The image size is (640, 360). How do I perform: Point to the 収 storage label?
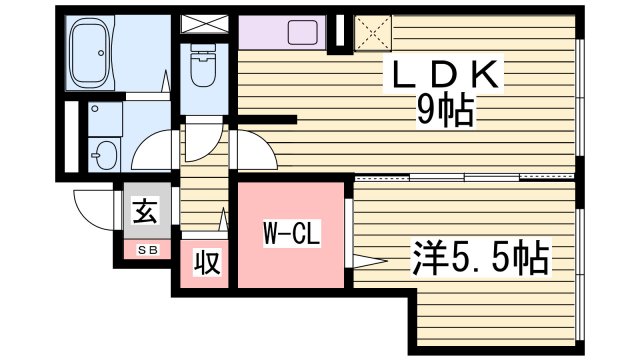pyautogui.click(x=207, y=264)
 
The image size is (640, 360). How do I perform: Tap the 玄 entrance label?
pyautogui.click(x=144, y=212)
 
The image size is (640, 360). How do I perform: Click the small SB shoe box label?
pyautogui.click(x=146, y=248)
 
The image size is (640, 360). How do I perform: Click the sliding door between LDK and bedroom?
pyautogui.click(x=465, y=179)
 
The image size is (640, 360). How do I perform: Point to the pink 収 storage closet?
pyautogui.click(x=207, y=265)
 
